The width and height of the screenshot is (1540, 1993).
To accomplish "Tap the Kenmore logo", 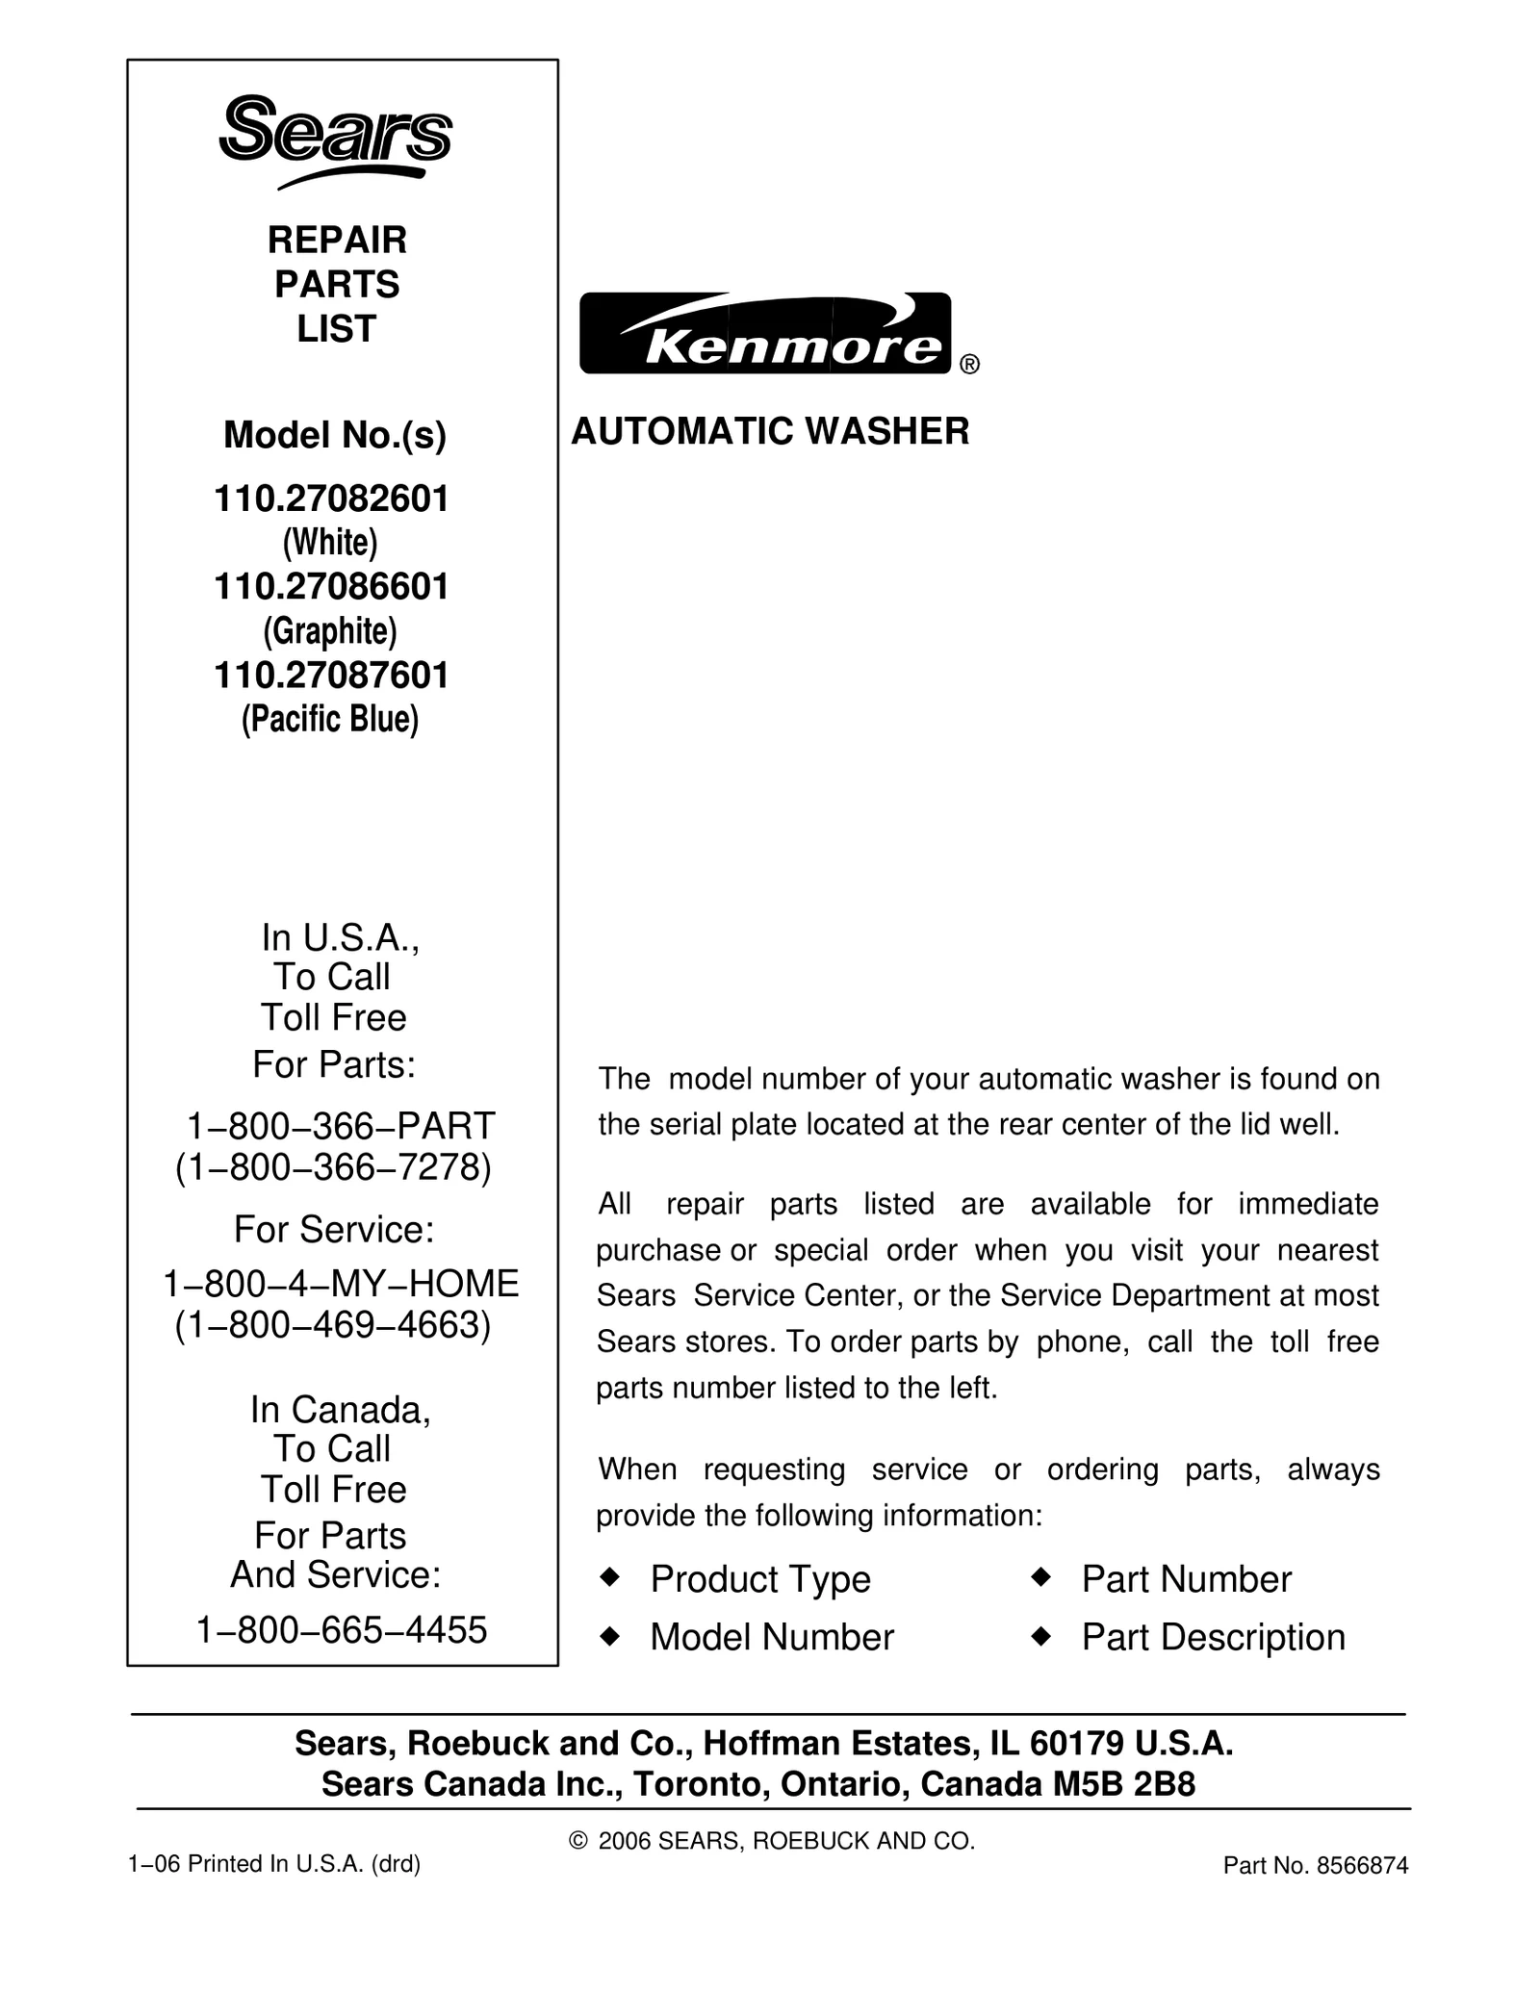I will point(765,333).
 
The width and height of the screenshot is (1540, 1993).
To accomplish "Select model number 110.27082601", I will point(332,499).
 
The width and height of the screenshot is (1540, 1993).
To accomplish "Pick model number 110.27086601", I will point(332,587).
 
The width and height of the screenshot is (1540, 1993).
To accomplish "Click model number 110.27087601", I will point(332,676).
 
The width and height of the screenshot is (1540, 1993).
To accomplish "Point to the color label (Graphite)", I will point(330,631).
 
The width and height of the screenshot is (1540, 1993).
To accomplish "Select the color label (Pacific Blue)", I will point(330,719).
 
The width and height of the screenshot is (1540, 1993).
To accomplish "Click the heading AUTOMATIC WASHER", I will point(770,431).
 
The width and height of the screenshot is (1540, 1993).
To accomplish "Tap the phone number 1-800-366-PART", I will point(341,1125).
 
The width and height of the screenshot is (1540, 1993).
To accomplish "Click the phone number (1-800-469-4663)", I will point(333,1325).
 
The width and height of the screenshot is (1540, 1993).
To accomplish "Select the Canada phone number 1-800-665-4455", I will point(342,1630).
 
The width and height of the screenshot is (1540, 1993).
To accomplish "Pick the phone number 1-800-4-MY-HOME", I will point(341,1284).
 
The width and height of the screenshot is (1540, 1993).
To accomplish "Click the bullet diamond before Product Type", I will point(608,1577).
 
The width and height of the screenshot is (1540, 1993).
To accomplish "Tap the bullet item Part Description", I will point(1213,1637).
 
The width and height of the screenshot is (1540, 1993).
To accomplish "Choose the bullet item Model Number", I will point(772,1637).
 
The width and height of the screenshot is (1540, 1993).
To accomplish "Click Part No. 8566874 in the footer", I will point(1315,1866).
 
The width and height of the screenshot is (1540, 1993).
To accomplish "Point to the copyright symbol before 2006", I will point(577,1841).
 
